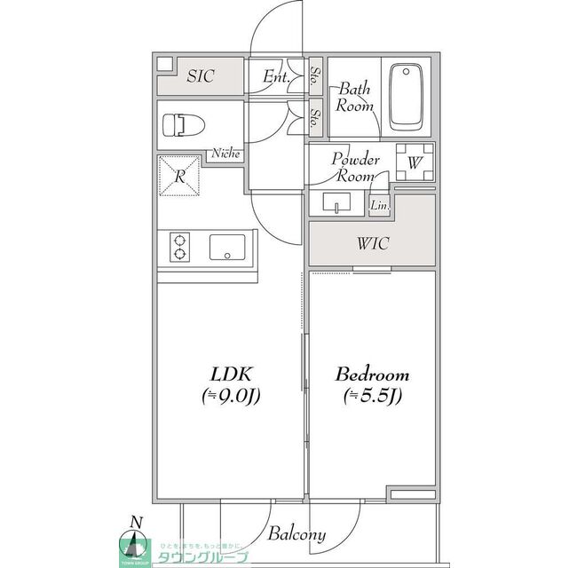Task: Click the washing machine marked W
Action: pyautogui.click(x=414, y=162)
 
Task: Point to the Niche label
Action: pyautogui.click(x=225, y=154)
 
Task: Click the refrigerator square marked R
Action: pyautogui.click(x=181, y=176)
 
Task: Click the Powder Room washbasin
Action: pyautogui.click(x=336, y=204)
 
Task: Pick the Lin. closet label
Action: pyautogui.click(x=379, y=206)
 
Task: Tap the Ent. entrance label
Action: pyautogui.click(x=276, y=76)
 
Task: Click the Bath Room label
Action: pyautogui.click(x=352, y=96)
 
